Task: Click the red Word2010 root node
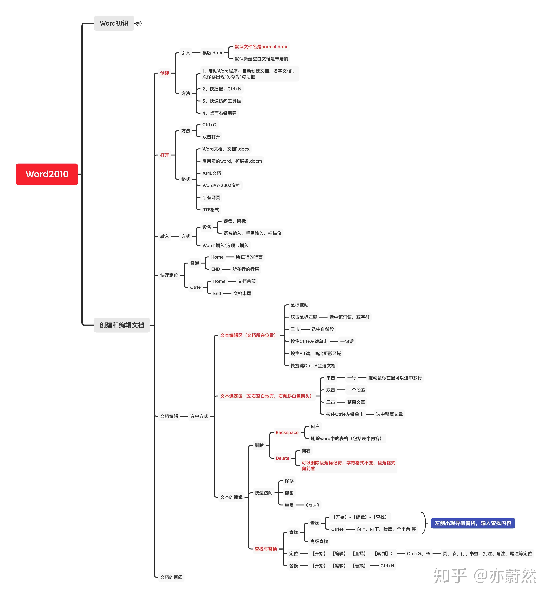coord(47,174)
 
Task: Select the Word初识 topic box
coord(114,23)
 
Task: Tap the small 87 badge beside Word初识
coord(139,23)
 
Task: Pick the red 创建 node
coord(165,73)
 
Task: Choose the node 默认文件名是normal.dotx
coord(261,47)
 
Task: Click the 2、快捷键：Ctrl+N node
coord(222,89)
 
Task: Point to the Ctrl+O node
coord(209,124)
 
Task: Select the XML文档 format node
coord(212,173)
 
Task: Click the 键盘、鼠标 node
coord(234,221)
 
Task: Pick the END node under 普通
coord(215,269)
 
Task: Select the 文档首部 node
coord(246,281)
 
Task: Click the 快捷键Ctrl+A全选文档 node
coord(313,366)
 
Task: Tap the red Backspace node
coord(287,432)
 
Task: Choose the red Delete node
coord(282,458)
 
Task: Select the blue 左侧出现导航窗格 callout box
coord(473,523)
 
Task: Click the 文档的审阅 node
coord(171,577)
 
